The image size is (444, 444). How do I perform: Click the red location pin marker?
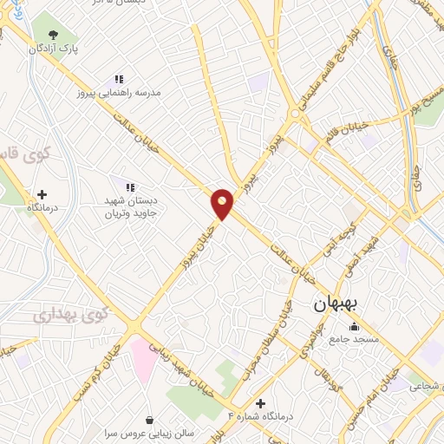click(223, 203)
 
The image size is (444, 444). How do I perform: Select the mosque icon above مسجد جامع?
click(353, 326)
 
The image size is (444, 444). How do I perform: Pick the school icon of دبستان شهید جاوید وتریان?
click(130, 186)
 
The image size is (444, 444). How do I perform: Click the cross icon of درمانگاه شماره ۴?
click(260, 403)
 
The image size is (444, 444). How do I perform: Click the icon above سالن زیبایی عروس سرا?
click(152, 420)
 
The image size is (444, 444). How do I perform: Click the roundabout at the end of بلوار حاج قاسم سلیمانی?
click(297, 115)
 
